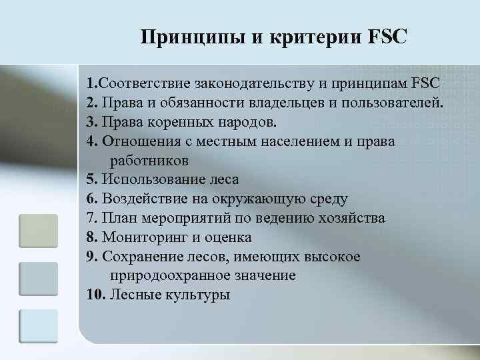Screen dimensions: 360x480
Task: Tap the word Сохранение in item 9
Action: pos(141,256)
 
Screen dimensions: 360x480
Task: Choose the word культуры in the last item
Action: pos(197,294)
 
